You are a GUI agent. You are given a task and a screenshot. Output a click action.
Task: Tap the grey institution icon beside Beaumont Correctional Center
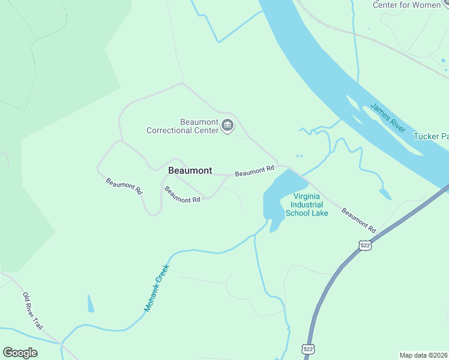(228, 126)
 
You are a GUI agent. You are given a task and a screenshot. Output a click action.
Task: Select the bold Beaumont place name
(190, 170)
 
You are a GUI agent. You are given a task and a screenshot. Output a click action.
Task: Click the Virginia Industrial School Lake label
(307, 205)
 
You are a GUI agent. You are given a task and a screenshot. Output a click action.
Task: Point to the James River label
(388, 118)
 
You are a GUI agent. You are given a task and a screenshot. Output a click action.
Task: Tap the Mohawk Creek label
(157, 288)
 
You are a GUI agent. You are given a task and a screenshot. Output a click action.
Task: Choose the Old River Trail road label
(33, 310)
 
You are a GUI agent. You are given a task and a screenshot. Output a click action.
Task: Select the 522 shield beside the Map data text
(308, 349)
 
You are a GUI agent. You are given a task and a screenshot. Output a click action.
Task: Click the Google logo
(20, 353)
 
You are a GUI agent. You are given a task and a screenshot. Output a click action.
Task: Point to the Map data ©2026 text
(423, 355)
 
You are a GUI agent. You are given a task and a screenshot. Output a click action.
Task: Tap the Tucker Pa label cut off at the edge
(430, 136)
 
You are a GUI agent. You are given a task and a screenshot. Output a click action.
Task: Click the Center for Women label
(406, 5)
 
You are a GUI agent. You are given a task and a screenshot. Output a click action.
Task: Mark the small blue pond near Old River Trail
(91, 303)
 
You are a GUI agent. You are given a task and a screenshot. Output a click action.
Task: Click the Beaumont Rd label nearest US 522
(358, 220)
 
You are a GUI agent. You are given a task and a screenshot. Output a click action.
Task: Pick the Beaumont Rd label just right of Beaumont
(255, 172)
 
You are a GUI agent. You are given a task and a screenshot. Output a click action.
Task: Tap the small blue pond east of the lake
(385, 193)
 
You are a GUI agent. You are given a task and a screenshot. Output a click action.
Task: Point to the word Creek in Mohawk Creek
(161, 278)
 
